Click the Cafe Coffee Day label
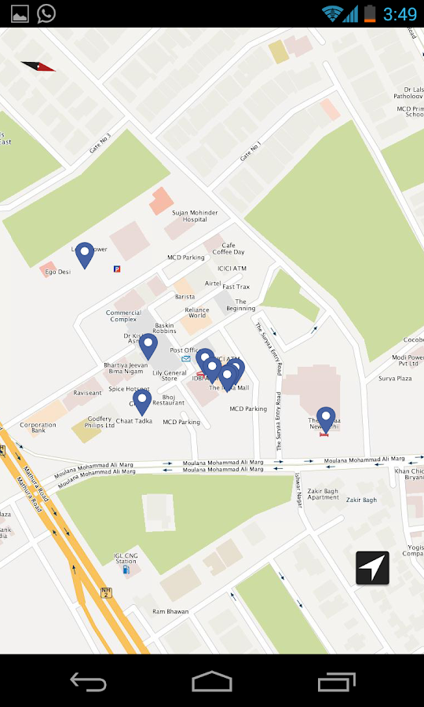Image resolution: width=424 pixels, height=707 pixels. point(228,249)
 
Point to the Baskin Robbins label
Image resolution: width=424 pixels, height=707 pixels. point(165,328)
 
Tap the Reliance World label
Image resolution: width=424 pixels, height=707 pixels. point(197,313)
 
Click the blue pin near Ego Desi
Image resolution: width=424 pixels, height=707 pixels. point(84,254)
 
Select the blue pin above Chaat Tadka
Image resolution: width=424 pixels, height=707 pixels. point(142,401)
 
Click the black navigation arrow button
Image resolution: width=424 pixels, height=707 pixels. point(372,567)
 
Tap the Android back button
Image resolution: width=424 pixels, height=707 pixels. point(88,681)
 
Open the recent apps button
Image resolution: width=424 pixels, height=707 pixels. point(337,681)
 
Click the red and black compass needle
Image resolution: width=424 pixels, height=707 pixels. point(38,67)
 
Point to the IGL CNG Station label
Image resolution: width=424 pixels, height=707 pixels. point(126,558)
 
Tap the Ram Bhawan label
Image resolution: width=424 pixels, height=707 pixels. point(170,611)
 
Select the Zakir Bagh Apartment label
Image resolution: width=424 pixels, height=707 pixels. point(323,494)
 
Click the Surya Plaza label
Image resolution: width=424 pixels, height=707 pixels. point(395,379)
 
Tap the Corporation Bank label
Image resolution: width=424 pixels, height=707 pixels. point(38,428)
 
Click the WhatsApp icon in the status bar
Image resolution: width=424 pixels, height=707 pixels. point(46,13)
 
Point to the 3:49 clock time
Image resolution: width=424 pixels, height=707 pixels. point(400,13)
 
